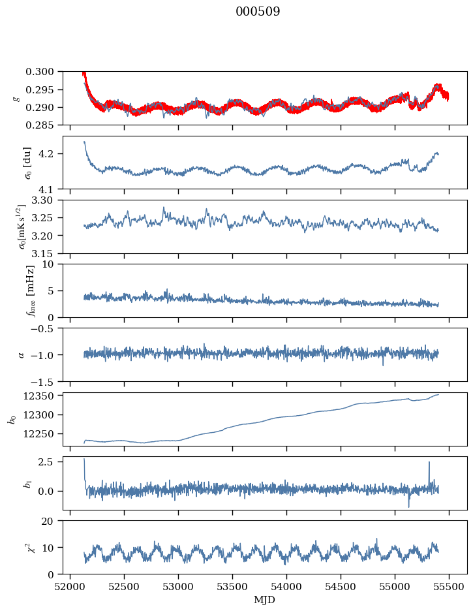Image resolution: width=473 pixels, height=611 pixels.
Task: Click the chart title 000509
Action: coord(258,12)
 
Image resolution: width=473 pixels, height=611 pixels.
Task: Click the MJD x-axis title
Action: coord(265,600)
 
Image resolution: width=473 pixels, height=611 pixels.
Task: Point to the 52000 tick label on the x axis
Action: coord(70,587)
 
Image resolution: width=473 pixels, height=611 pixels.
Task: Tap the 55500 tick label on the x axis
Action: coord(449,587)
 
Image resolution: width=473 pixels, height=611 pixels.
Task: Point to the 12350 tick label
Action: coord(44,396)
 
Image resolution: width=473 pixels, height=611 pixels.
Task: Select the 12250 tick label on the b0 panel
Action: coord(44,433)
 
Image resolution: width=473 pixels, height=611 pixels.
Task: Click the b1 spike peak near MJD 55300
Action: coord(429,462)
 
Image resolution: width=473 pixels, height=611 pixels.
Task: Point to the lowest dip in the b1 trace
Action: coord(409,507)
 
